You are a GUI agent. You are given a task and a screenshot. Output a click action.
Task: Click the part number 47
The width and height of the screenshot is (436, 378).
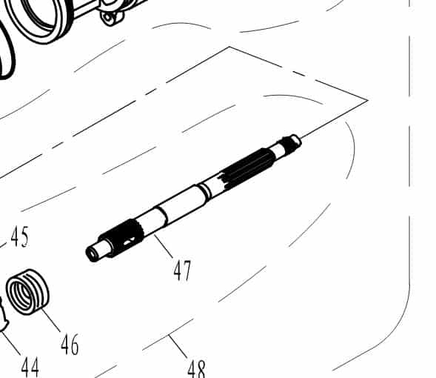click(182, 270)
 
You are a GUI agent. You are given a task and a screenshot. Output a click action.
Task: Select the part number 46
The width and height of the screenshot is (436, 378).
click(70, 344)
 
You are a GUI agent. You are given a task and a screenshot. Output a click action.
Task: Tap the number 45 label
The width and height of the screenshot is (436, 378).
click(19, 237)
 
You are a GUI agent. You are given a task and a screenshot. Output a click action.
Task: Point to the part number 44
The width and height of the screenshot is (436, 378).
click(30, 366)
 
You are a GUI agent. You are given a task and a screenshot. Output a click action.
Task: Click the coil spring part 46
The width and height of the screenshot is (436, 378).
click(28, 291)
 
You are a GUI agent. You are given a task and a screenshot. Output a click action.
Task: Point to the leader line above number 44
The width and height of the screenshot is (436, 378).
click(10, 342)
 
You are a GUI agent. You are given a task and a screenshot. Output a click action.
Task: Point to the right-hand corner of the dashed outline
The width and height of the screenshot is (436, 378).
click(367, 100)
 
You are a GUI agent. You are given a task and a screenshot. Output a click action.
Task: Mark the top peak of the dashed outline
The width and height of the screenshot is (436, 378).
click(229, 47)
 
